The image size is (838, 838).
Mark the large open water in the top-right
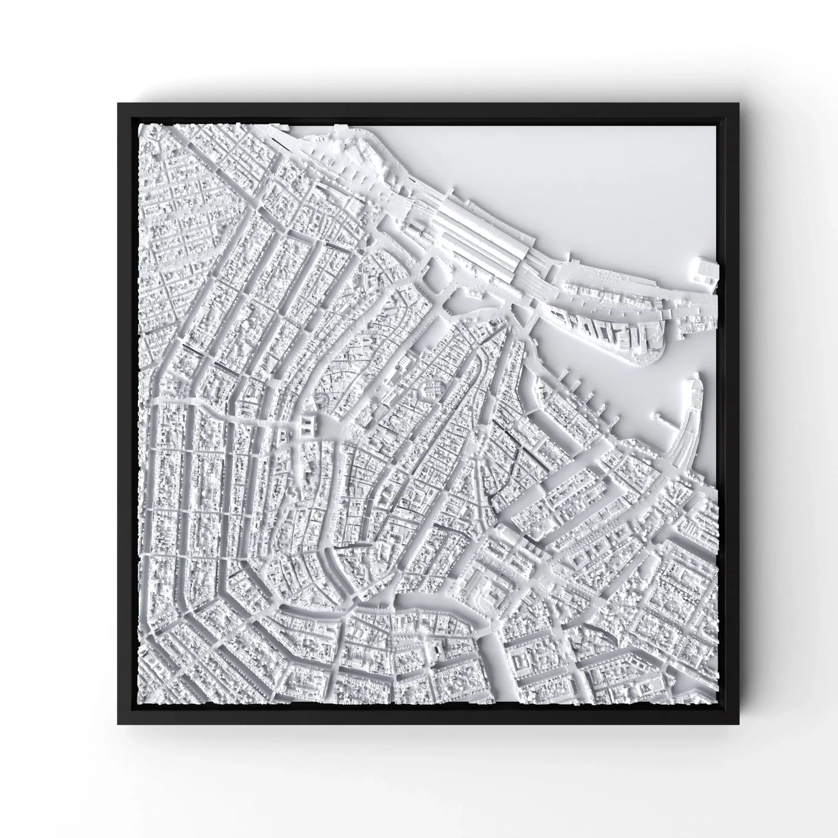point(564,173)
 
